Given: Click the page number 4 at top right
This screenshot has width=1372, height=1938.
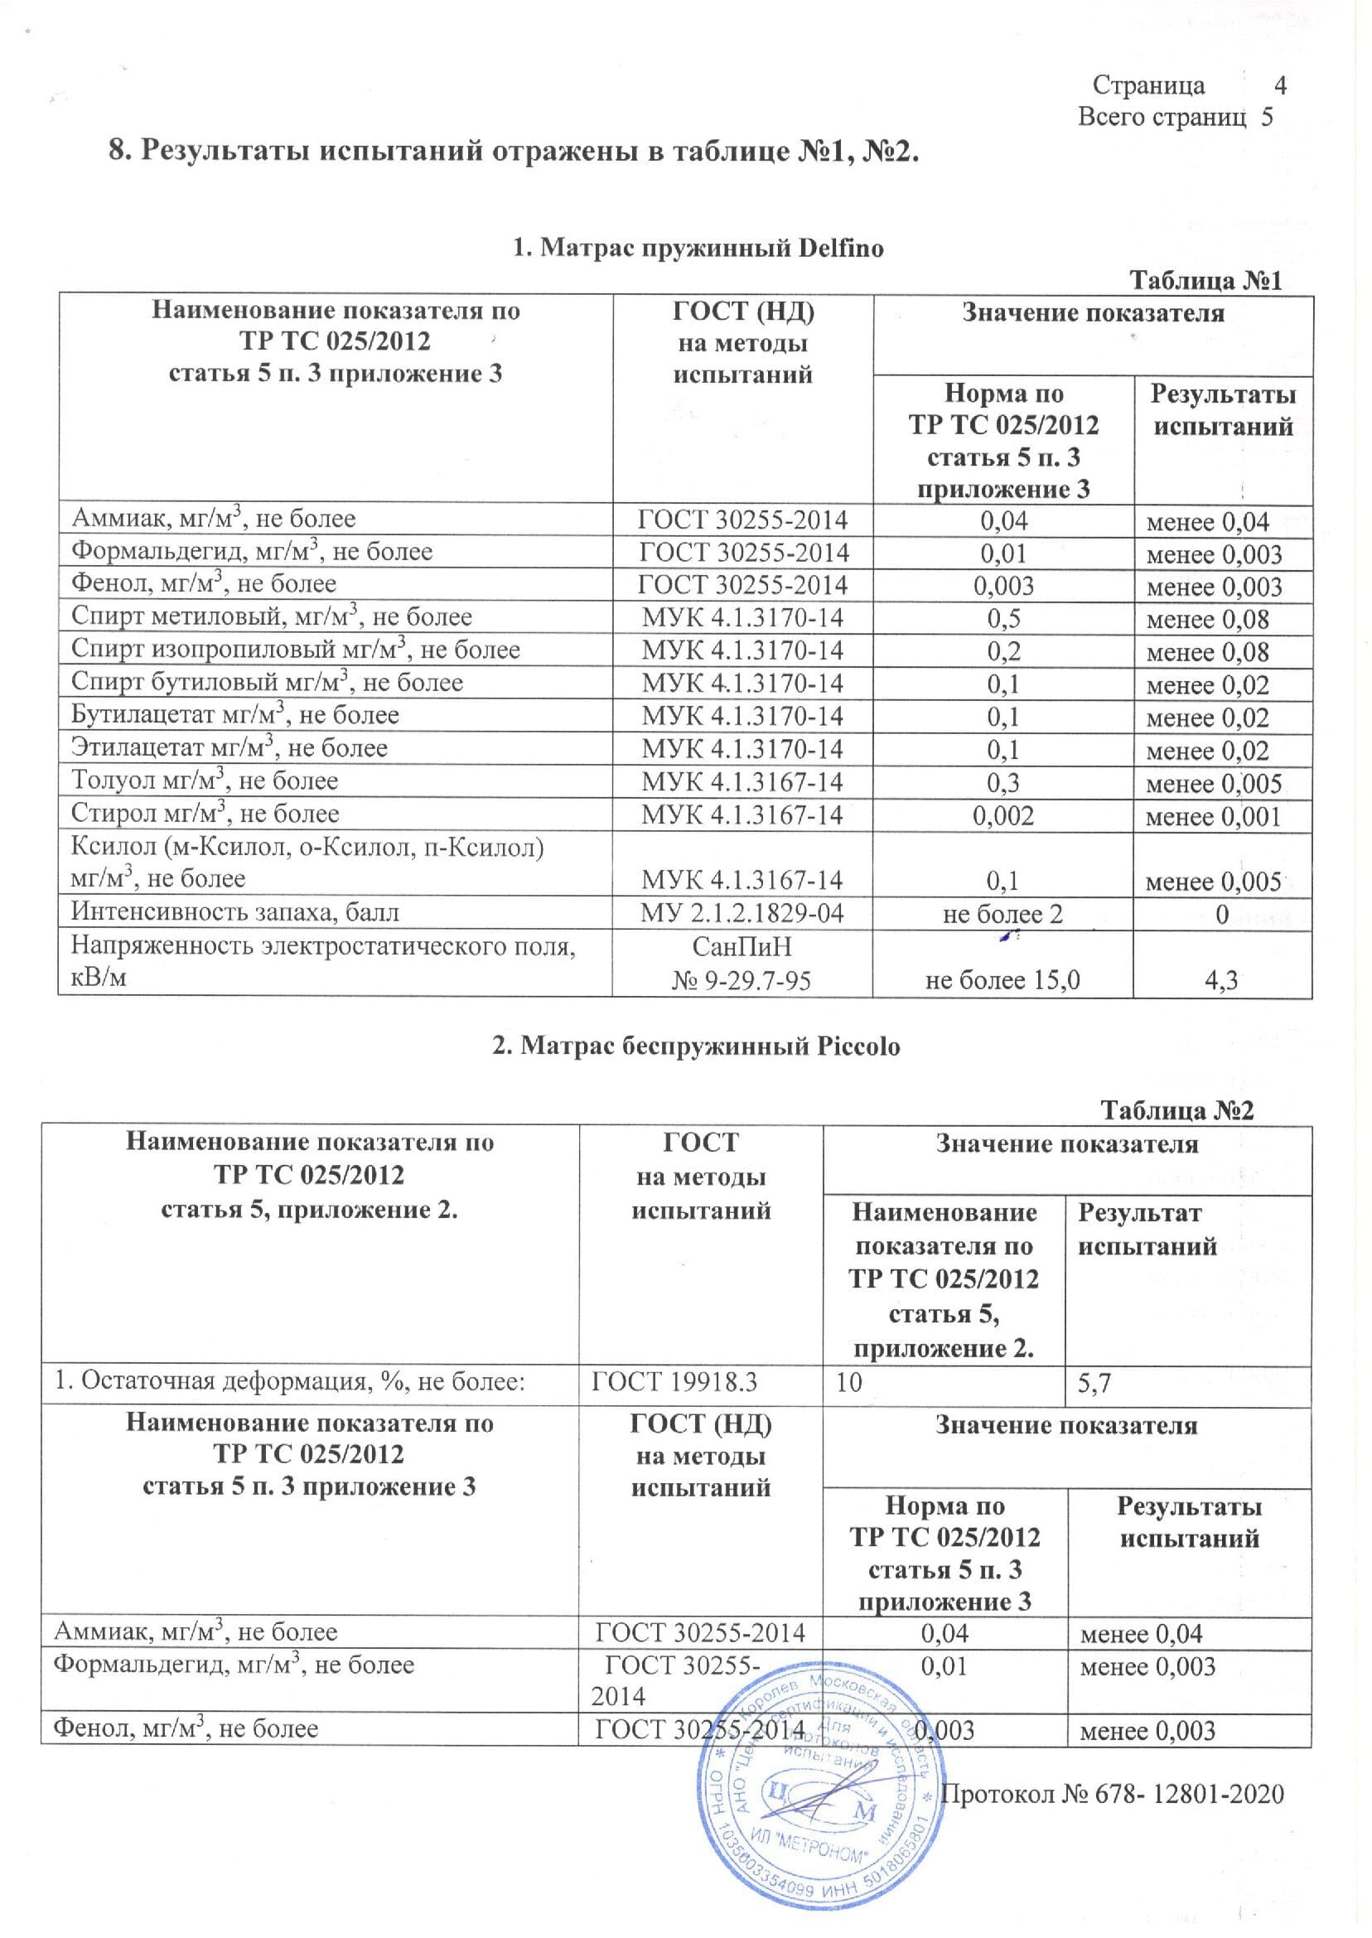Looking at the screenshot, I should click(1279, 85).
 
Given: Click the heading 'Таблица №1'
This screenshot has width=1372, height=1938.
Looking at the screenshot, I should click(1205, 281).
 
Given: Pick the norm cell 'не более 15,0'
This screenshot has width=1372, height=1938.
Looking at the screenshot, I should click(1002, 980).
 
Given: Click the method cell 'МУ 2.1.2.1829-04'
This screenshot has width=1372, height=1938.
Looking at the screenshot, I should click(742, 913).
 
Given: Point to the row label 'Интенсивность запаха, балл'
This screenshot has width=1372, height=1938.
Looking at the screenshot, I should click(234, 912).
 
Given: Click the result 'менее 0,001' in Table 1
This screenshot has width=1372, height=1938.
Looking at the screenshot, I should click(1213, 816).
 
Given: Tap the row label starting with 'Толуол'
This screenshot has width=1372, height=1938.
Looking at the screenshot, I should click(205, 781).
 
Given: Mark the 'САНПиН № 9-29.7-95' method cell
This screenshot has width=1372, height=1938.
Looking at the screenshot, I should click(742, 963).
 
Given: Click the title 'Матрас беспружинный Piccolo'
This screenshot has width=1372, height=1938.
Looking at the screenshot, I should click(696, 1046).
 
